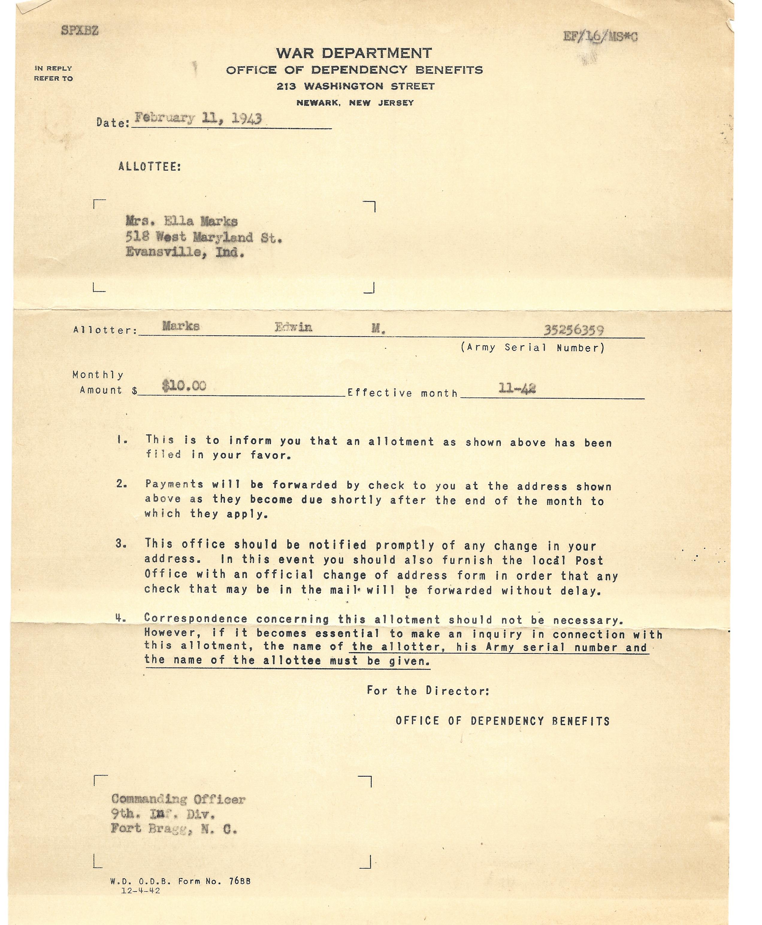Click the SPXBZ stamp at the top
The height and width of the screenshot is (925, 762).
pos(79,31)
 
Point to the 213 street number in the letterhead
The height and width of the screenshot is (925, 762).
pos(286,87)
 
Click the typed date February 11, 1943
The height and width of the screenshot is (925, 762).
pos(198,119)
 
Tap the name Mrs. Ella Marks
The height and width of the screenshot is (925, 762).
pos(181,221)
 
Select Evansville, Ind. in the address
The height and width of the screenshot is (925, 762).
pos(185,253)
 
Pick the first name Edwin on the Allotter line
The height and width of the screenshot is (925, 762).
pos(293,327)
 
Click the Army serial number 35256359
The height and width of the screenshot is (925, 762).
pos(574,330)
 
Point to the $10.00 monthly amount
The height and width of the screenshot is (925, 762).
pos(184,386)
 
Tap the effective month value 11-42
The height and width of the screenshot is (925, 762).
pos(517,388)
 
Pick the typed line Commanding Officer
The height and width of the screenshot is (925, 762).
pos(178,799)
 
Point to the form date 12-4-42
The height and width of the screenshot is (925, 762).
pos(140,891)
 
